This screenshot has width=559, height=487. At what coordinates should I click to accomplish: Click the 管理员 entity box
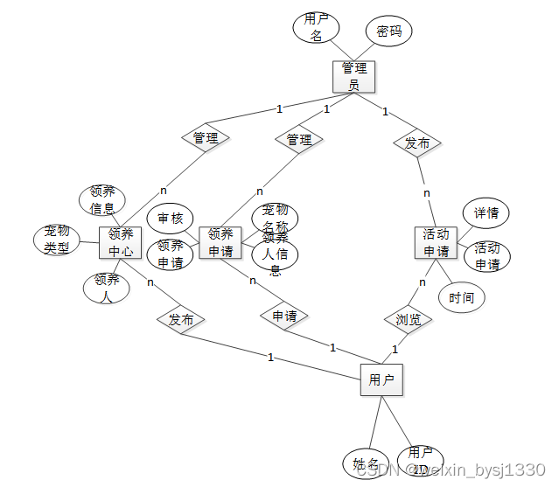[354, 76]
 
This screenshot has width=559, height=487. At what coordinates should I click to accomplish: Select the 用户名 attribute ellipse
[316, 28]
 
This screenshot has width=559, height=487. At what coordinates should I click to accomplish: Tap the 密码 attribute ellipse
[388, 31]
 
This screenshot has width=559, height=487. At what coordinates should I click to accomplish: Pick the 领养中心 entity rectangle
[121, 242]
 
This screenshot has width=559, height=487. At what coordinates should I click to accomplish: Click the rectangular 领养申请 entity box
[220, 242]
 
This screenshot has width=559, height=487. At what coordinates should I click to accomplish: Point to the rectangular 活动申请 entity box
[436, 242]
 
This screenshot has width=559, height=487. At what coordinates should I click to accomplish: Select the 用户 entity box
[381, 379]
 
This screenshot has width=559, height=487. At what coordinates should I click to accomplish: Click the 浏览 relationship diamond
[409, 320]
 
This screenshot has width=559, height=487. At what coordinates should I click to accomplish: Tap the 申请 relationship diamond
[284, 316]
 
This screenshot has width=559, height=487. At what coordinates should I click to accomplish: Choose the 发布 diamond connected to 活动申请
[417, 143]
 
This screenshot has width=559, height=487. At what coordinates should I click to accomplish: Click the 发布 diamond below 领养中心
[181, 320]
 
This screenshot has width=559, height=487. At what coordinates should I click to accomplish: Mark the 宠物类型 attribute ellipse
[57, 240]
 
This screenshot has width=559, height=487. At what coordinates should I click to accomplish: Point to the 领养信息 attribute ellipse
[102, 201]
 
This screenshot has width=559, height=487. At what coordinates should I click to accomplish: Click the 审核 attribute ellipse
[170, 218]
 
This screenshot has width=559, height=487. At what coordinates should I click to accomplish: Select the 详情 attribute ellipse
[486, 212]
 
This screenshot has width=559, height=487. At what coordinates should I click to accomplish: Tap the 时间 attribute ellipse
[461, 297]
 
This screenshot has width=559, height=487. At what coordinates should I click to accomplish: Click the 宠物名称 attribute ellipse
[275, 216]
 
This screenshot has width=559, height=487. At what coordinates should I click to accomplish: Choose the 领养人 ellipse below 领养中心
[107, 288]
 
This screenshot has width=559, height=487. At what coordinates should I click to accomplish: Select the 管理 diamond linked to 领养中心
[206, 138]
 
